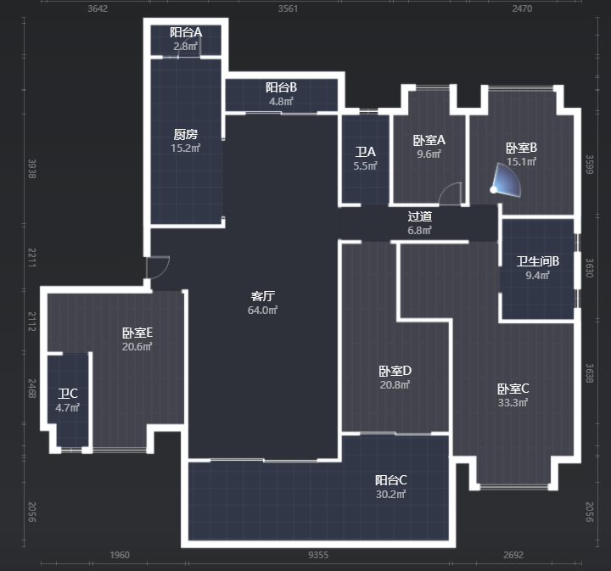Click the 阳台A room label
coord(186,32)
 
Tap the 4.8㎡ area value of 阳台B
coord(281,102)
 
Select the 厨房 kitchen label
coord(186,134)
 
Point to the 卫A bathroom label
coord(365,152)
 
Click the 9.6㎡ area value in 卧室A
coord(429,154)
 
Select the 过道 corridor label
coord(420,216)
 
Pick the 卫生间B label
coord(538,261)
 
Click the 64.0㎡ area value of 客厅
coord(262,311)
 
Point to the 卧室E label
coord(137,333)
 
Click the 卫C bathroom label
coord(68,394)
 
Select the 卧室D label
coord(395,371)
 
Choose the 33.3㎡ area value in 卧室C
coord(513,403)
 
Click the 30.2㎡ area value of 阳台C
coord(391,495)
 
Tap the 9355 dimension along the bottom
coord(318,555)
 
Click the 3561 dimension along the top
coord(288,8)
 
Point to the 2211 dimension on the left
coord(32,257)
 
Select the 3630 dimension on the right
coord(590,268)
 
